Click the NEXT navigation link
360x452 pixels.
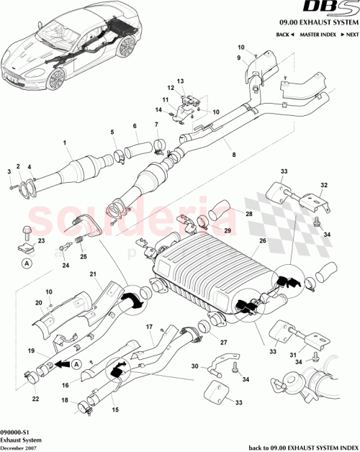(x=348, y=35)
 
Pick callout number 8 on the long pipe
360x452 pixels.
(x=232, y=154)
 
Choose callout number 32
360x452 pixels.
(x=323, y=184)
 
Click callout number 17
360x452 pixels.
(x=150, y=327)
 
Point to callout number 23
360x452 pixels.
(x=42, y=240)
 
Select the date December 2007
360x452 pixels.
(x=19, y=447)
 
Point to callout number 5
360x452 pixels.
(x=112, y=132)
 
